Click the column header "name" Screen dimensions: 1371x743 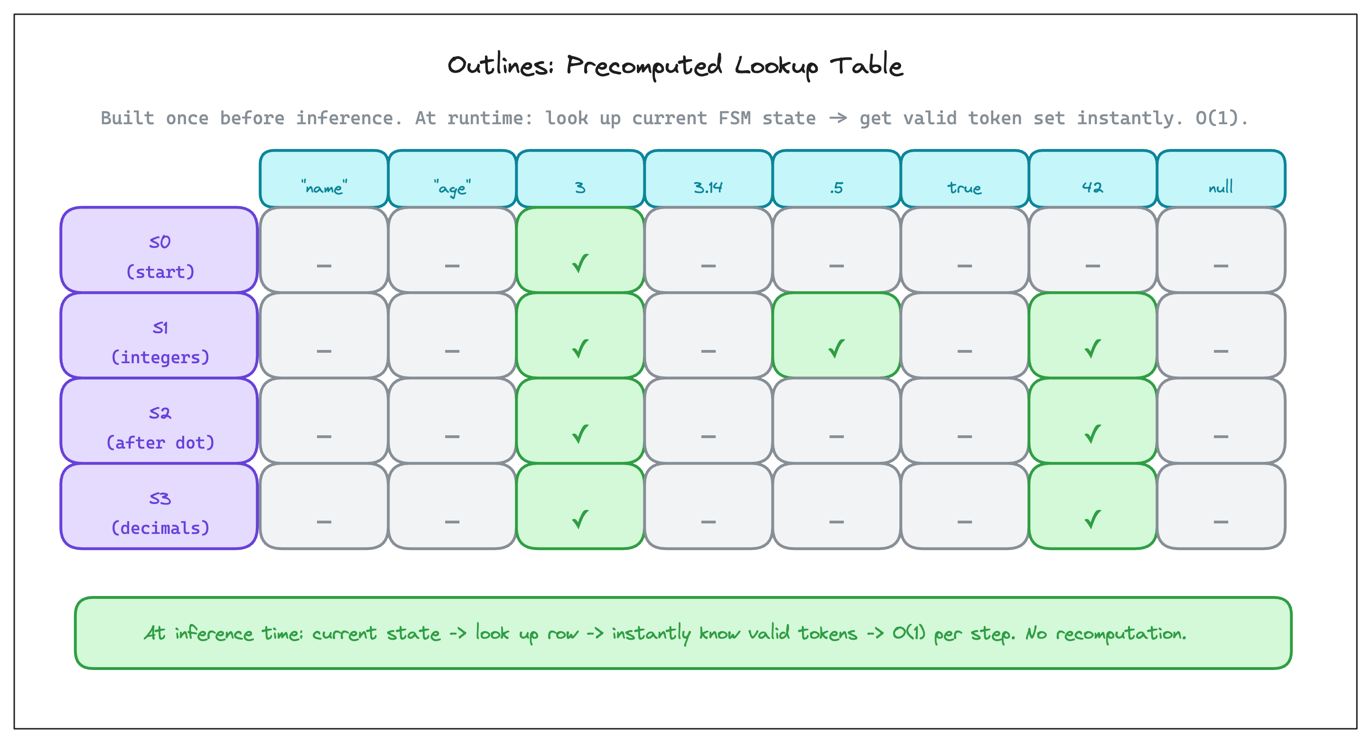324,179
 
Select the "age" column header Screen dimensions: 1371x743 452,179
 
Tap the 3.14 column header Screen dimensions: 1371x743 708,179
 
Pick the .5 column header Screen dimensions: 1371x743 836,179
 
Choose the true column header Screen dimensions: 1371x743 964,179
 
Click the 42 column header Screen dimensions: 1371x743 1092,179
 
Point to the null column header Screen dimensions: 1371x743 1221,179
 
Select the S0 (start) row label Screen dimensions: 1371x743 159,250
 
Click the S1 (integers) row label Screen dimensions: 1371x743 159,336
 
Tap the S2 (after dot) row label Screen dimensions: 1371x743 159,421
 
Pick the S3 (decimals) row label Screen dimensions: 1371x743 159,506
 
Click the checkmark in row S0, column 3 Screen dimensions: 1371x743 580,263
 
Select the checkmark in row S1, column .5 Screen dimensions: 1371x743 836,349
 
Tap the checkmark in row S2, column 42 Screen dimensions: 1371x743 1092,434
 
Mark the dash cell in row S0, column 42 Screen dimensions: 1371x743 1092,250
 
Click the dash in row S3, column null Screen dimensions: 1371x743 1221,522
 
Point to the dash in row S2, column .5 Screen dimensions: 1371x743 836,437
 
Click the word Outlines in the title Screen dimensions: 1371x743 500,65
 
